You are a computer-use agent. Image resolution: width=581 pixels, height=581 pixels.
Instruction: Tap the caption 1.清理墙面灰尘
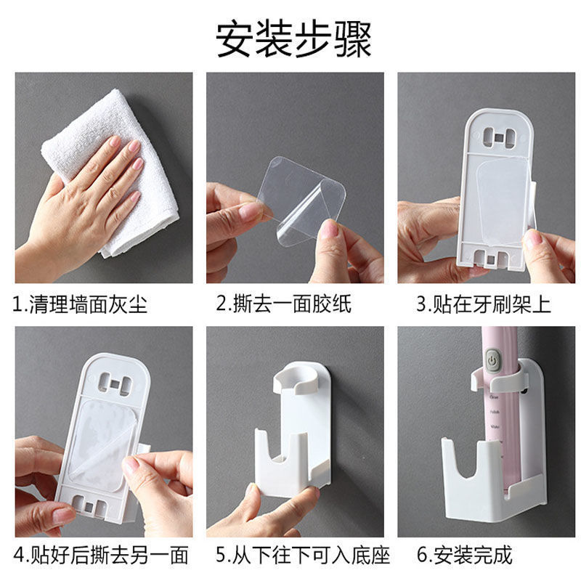pos(80,304)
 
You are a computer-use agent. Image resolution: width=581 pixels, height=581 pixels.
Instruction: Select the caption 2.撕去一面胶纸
pos(284,304)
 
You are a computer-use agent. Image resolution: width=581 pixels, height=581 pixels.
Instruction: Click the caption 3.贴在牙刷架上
pos(483,304)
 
